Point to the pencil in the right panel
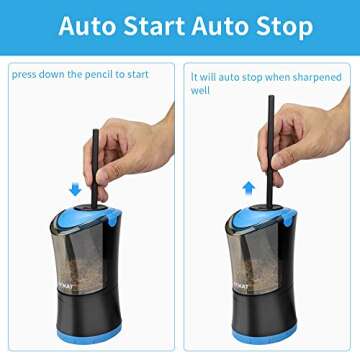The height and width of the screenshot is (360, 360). pyautogui.click(x=270, y=130)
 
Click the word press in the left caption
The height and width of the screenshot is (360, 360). pyautogui.click(x=26, y=72)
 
